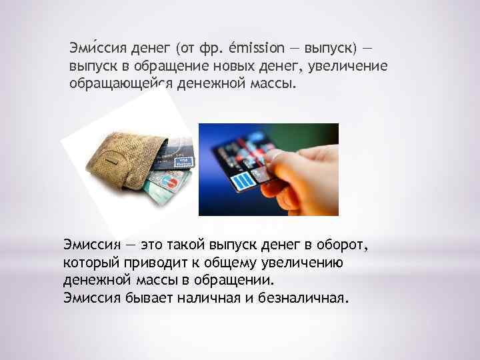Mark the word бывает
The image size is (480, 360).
click(149, 297)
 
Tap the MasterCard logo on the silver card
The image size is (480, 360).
click(169, 182)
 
